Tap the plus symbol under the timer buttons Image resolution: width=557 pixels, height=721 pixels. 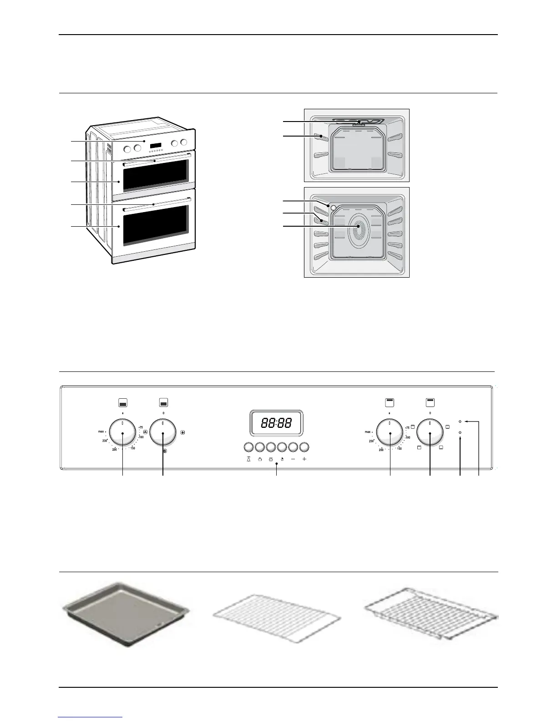point(304,459)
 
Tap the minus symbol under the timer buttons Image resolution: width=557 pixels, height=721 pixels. point(293,459)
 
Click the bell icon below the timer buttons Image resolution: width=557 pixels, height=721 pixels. point(248,459)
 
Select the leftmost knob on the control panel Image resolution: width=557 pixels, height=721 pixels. point(122,433)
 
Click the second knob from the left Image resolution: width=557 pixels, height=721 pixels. point(163,433)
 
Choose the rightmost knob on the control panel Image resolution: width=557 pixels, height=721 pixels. point(430,433)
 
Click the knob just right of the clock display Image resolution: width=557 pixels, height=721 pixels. point(390,433)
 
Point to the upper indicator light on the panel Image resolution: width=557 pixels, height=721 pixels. point(461,422)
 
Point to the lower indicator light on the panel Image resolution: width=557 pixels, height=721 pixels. point(461,432)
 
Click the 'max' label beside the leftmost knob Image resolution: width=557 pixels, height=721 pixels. point(101,431)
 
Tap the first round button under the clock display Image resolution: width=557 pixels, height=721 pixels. point(248,447)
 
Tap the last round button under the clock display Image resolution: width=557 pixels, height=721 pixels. point(304,447)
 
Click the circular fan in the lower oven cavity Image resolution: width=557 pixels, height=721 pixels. point(358,227)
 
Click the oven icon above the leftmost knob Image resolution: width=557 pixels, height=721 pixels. point(122,403)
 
